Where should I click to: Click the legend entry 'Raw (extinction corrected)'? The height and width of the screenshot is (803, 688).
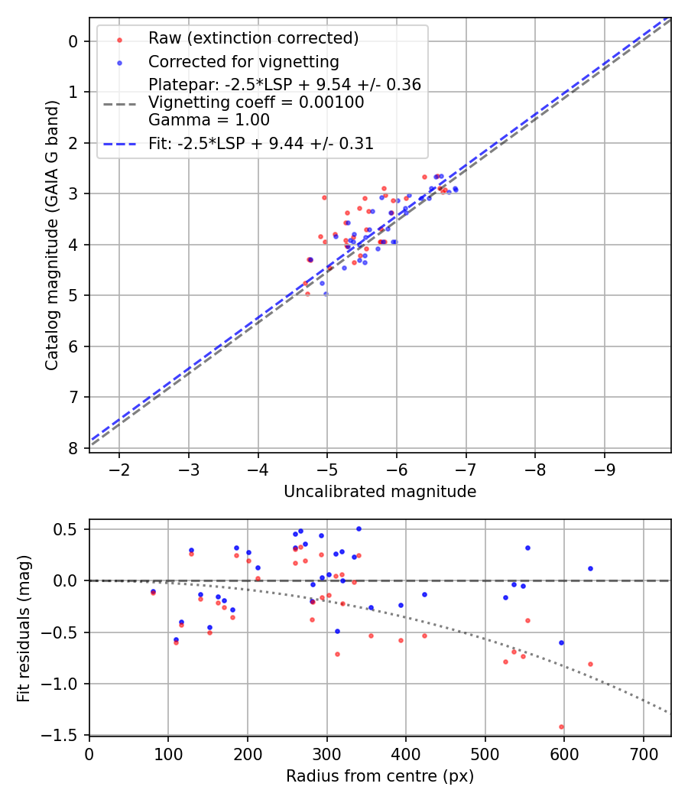(253, 38)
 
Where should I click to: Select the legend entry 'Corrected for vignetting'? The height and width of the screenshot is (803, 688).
(243, 61)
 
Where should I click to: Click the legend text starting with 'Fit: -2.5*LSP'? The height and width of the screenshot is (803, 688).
(261, 143)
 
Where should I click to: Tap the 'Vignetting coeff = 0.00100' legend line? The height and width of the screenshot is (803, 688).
(256, 102)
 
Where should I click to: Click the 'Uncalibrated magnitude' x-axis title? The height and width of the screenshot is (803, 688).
(380, 492)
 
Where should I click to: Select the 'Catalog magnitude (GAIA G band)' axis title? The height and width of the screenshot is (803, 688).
(51, 234)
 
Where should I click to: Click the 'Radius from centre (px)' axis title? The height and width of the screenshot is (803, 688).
(380, 776)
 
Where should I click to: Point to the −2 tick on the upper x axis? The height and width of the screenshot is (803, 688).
(119, 467)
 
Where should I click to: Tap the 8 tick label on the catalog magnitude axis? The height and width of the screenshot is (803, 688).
(73, 448)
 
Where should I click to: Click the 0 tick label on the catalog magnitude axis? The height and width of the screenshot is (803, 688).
(73, 41)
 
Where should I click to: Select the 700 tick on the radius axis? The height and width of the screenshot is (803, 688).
(643, 753)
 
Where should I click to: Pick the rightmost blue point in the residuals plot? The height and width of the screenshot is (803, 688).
(590, 568)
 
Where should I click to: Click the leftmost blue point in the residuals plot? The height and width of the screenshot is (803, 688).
(153, 591)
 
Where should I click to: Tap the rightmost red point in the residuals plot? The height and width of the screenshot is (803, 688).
(590, 664)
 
